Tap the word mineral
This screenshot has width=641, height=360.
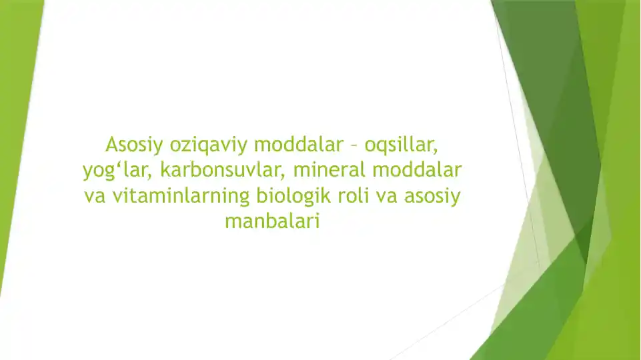330,170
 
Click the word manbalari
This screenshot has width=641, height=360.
272,221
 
